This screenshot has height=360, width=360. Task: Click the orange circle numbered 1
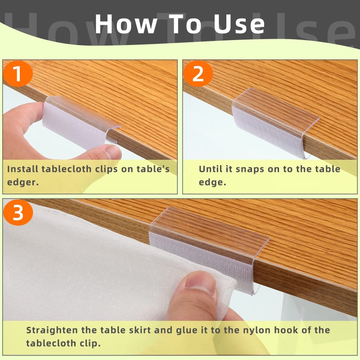(18, 73)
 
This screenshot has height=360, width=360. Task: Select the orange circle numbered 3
(18, 212)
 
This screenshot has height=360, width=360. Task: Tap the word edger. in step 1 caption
(22, 183)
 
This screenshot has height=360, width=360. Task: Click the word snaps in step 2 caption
(250, 170)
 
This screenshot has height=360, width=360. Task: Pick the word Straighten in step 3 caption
(51, 330)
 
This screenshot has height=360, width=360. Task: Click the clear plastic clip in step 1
(81, 119)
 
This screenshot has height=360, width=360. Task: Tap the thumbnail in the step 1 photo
(113, 152)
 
